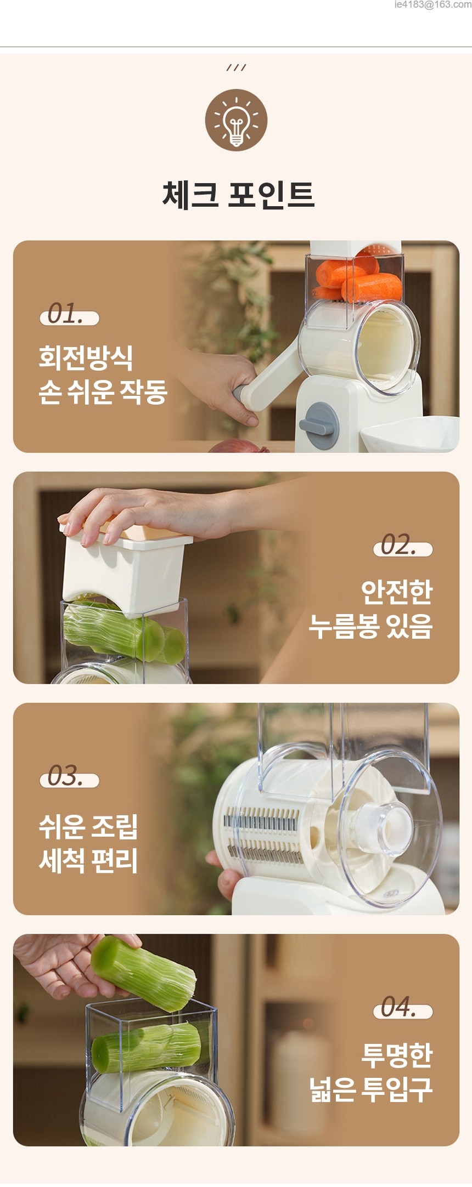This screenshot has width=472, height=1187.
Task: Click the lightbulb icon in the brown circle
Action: (236, 120)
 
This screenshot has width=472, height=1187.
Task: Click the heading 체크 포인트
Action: (238, 195)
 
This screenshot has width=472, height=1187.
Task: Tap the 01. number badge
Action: (69, 315)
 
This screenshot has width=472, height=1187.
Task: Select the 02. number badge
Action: (403, 546)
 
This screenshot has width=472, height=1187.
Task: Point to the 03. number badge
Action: (69, 777)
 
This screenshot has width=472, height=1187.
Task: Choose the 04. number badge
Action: (403, 1008)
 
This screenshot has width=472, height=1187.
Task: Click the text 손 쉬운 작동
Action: (103, 393)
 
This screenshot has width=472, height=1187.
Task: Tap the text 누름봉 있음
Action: (370, 626)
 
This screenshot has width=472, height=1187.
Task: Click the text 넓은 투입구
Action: (370, 1089)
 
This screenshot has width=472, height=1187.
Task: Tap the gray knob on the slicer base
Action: (319, 425)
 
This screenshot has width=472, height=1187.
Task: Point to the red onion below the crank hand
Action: (239, 446)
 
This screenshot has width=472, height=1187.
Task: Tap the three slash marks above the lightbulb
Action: (236, 67)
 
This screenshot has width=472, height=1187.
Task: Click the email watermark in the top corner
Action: (432, 4)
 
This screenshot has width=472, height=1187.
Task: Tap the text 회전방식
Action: (86, 358)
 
